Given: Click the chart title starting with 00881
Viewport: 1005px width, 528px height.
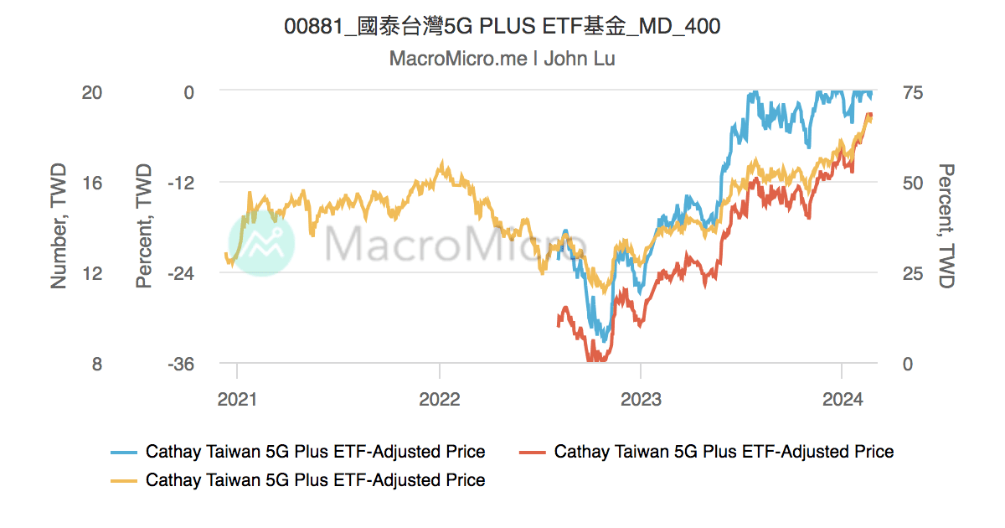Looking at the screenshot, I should (x=502, y=27).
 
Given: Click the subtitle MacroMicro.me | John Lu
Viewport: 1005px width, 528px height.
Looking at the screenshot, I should (x=502, y=59).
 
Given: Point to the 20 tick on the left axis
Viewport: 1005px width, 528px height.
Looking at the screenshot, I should (x=92, y=91).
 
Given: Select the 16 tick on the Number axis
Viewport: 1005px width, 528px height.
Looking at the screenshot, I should (x=92, y=182).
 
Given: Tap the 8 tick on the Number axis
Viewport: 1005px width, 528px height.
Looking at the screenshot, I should (x=97, y=364).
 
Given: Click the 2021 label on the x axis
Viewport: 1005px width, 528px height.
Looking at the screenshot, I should (x=238, y=399).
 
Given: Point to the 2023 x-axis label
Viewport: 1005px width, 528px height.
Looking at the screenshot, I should (x=641, y=399).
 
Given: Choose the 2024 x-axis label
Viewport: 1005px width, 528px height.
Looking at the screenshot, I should (x=841, y=399).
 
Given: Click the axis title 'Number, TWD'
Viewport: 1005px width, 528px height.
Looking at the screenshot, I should (x=59, y=226).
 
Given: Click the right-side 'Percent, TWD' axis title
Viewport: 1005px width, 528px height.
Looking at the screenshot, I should (x=946, y=226).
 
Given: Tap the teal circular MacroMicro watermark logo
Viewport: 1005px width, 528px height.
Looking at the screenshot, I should (x=261, y=243).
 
